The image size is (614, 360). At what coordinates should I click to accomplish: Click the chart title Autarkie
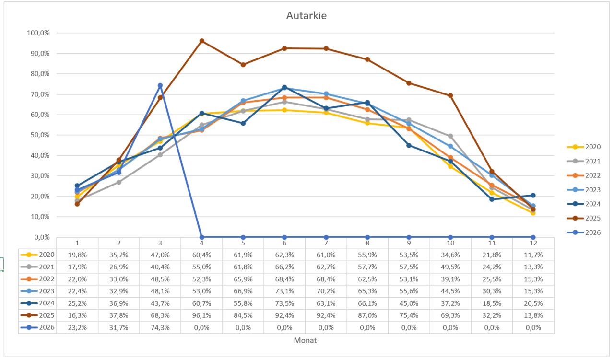coord(306,15)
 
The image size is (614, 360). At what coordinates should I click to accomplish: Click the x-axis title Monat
coord(306,340)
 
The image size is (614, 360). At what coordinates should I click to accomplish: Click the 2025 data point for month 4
coord(201,41)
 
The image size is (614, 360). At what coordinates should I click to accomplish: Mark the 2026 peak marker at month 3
coord(160,85)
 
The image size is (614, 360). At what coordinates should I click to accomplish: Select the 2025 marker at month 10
coord(450,95)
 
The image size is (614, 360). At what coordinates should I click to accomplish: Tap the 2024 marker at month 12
coord(533,195)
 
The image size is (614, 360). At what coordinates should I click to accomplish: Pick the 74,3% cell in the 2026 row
coord(160,328)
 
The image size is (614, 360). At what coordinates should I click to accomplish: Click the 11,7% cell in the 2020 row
coord(533,254)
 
